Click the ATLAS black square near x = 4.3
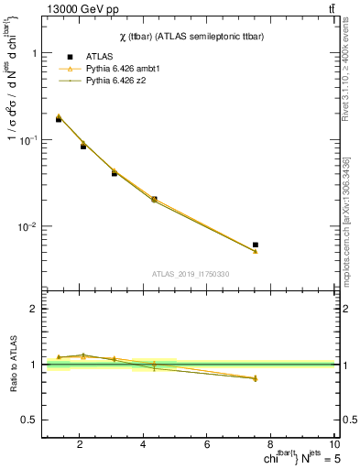[x=154, y=199]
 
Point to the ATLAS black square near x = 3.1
[x=115, y=172]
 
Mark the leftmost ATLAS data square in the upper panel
[x=59, y=119]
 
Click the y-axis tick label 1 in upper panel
[x=35, y=53]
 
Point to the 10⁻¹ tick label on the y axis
[x=30, y=139]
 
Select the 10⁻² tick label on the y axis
[x=30, y=226]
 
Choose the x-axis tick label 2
[x=80, y=445]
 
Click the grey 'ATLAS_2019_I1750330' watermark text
[x=191, y=274]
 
